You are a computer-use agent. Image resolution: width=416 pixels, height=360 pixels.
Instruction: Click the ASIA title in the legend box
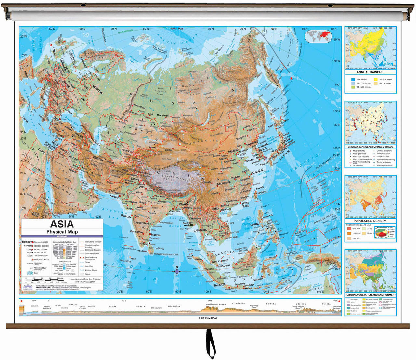click(x=62, y=224)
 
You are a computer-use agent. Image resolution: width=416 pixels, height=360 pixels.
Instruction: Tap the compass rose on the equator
click(x=177, y=271)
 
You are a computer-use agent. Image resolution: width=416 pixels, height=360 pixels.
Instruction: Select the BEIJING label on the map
click(x=233, y=151)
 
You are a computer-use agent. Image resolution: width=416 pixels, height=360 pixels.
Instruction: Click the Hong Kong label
click(x=245, y=204)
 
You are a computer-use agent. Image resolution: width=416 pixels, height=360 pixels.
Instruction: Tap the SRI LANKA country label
click(x=156, y=248)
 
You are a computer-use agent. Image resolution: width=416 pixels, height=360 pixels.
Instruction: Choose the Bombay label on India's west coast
click(x=126, y=216)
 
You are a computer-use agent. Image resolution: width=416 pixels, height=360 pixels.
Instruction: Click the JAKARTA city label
click(x=219, y=285)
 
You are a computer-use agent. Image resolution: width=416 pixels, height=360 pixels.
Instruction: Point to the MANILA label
click(x=255, y=224)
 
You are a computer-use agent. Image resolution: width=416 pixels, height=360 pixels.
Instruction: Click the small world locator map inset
click(x=318, y=36)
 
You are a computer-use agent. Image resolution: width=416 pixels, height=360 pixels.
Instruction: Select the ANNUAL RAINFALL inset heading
click(x=370, y=72)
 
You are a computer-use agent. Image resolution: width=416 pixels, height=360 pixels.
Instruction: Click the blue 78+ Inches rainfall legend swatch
click(x=353, y=79)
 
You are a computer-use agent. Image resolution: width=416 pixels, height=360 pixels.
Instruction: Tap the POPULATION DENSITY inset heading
click(x=370, y=221)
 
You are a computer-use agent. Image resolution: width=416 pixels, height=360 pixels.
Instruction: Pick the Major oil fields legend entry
click(x=358, y=151)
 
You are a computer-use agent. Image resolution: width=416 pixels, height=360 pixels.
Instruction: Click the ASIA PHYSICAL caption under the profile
click(x=208, y=318)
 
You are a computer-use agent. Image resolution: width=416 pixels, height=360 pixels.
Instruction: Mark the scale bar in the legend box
click(x=45, y=280)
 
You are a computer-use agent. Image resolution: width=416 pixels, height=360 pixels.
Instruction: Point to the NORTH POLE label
click(x=177, y=29)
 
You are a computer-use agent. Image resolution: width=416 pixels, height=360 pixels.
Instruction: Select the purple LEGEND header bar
click(x=62, y=236)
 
